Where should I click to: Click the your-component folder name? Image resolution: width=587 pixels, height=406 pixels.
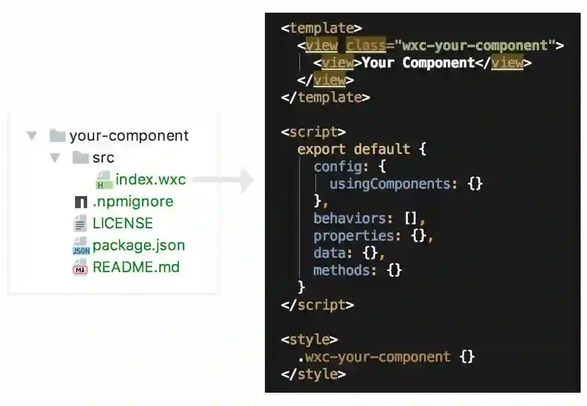129,136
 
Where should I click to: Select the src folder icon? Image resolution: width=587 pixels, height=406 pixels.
80,157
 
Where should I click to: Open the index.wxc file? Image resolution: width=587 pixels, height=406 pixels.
150,179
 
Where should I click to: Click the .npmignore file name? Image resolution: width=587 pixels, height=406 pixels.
133,201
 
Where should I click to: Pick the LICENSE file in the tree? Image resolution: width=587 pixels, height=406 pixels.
122,223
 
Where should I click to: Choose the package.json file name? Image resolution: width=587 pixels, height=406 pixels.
139,245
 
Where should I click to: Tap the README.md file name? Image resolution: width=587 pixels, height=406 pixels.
136,267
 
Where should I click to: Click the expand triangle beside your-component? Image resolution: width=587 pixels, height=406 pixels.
32,136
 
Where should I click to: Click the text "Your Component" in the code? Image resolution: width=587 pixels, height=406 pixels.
418,63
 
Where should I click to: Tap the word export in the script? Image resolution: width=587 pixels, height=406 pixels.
321,149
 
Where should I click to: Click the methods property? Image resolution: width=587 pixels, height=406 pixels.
341,270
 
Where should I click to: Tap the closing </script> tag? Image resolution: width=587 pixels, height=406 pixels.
317,304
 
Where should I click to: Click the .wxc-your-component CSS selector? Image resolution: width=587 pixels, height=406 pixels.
374,356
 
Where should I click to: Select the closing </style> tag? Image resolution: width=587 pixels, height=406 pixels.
313,374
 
